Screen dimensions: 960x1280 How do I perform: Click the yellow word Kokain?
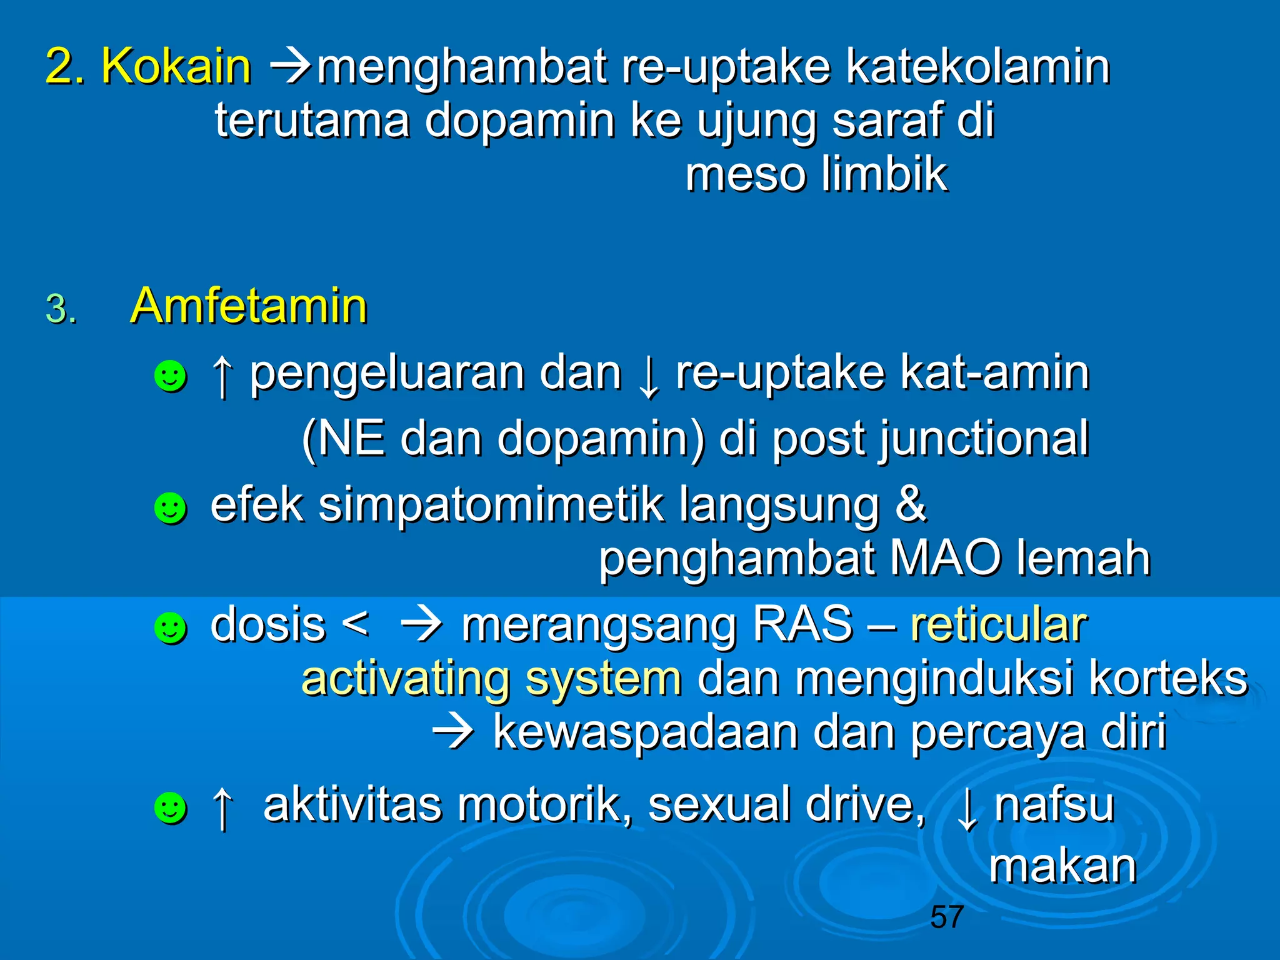pos(176,66)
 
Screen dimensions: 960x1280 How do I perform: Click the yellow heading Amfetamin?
pos(248,306)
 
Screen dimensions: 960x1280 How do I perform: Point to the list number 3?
pos(61,309)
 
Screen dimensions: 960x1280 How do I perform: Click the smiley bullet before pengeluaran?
pos(170,376)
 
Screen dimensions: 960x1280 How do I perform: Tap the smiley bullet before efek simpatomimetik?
pos(170,507)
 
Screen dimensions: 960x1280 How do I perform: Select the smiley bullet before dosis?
pos(170,627)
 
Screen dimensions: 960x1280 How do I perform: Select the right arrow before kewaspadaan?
pos(454,731)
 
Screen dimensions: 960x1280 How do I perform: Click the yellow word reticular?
pos(999,624)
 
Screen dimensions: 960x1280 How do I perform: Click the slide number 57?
pos(946,917)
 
